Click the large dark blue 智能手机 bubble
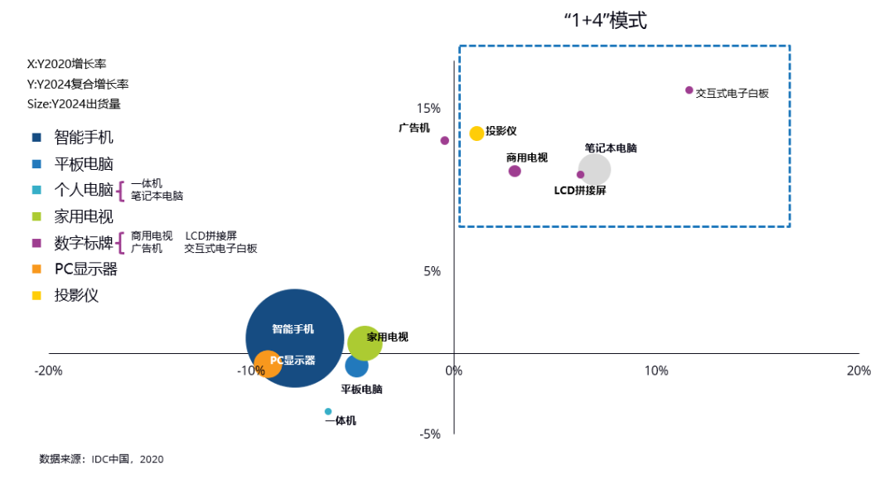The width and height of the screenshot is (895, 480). (294, 337)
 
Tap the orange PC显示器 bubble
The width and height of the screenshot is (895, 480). (267, 363)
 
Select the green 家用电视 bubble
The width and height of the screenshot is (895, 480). (365, 341)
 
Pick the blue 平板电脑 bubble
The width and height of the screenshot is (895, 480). (357, 365)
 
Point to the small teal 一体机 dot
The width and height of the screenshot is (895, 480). (328, 411)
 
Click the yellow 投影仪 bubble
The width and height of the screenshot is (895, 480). (477, 133)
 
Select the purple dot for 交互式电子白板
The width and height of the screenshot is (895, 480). (689, 90)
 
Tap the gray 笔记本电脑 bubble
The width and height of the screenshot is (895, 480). (594, 169)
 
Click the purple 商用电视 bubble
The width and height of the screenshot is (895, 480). (515, 171)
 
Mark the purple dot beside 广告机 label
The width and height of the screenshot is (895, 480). (445, 140)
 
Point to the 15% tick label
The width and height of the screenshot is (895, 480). (428, 109)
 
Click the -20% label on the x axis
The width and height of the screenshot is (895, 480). (49, 371)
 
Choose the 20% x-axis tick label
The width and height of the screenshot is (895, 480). (859, 371)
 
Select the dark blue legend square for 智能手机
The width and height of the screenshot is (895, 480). (36, 138)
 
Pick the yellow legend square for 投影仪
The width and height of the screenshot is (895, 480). (36, 295)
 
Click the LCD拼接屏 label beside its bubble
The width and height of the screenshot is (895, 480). (580, 190)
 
